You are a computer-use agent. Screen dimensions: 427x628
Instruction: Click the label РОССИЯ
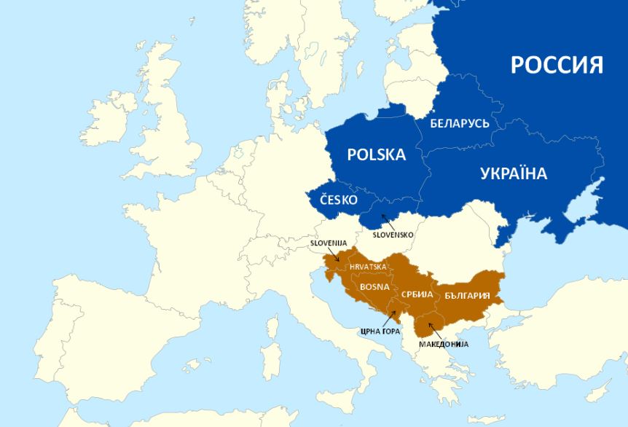tap(557, 64)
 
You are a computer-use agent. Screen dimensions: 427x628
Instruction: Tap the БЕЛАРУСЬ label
tap(460, 123)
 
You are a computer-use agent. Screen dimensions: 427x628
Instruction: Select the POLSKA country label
tap(376, 154)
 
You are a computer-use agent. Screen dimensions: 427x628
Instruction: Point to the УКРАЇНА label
tap(514, 173)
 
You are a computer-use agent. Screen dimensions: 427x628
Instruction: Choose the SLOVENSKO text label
tap(393, 235)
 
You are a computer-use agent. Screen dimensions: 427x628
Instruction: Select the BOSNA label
tap(375, 286)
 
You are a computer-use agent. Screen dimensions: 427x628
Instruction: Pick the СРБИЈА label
tap(417, 294)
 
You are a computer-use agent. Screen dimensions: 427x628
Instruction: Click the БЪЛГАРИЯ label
tap(471, 297)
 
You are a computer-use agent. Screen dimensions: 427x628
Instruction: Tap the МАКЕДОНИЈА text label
tap(443, 343)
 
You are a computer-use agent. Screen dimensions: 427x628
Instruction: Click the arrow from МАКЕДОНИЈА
tap(436, 331)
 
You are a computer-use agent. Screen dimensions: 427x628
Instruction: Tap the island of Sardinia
tap(272, 361)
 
